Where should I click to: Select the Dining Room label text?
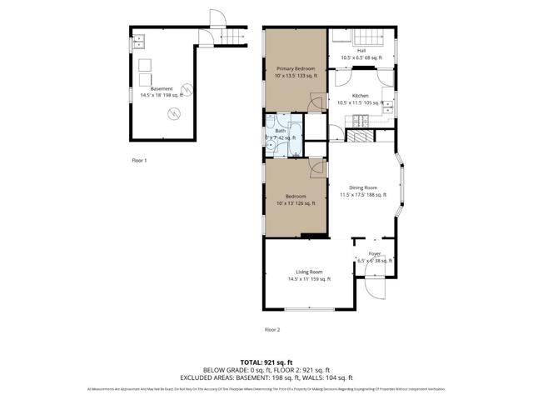pyautogui.click(x=362, y=191)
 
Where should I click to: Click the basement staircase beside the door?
pyautogui.click(x=237, y=36)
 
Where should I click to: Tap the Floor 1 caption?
pyautogui.click(x=139, y=159)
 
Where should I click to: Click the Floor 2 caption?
pyautogui.click(x=272, y=330)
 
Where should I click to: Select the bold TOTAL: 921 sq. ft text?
pyautogui.click(x=266, y=362)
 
